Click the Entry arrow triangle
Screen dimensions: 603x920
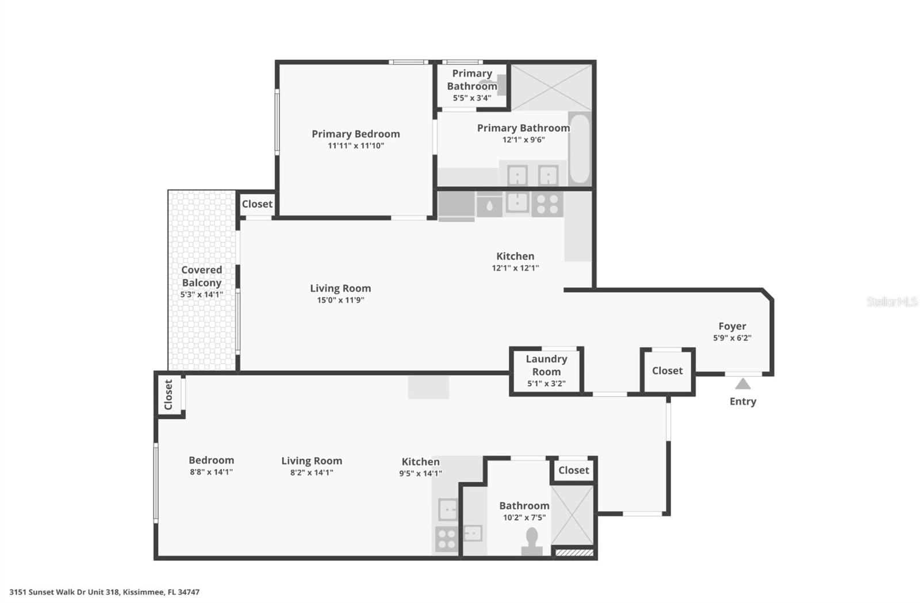coord(742,384)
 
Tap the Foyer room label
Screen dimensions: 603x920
coord(732,327)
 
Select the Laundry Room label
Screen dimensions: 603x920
coord(546,365)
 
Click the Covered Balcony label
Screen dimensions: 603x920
coord(201,276)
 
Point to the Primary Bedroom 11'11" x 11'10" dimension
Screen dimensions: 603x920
coord(356,146)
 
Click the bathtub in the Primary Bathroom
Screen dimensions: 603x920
coord(580,149)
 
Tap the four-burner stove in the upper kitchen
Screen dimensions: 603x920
coord(547,204)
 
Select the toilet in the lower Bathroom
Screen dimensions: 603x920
coord(531,541)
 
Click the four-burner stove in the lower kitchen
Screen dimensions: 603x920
coord(446,539)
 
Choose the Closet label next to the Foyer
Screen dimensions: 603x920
coord(667,371)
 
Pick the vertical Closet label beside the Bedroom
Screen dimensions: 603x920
coord(168,394)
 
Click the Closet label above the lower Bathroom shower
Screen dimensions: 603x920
coord(573,470)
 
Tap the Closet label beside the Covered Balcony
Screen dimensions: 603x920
coord(257,204)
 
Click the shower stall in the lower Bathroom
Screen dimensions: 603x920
coord(572,514)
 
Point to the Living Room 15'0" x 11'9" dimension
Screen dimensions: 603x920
coord(340,300)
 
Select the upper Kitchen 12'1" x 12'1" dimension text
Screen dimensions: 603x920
coord(515,268)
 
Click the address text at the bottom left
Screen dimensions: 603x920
coord(104,592)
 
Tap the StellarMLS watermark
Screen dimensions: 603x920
coord(891,302)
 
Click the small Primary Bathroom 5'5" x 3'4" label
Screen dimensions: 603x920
coord(471,98)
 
